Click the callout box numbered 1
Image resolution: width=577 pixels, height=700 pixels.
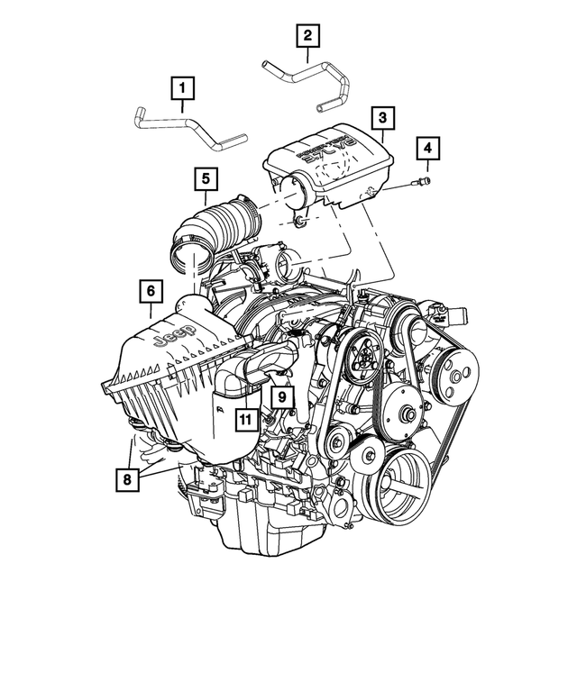pos(183,88)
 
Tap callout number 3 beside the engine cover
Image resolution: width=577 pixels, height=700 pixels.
pos(382,117)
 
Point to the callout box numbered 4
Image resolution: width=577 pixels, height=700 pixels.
pos(428,148)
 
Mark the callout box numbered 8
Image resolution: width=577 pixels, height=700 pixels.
pos(127,480)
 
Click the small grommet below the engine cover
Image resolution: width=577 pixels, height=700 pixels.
pos(302,220)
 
